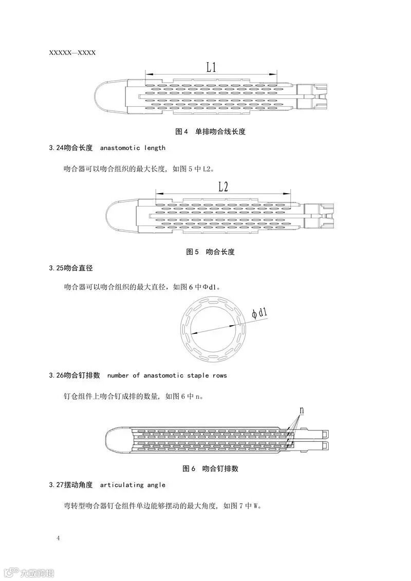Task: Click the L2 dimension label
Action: (x=223, y=186)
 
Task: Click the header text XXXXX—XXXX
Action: (x=72, y=52)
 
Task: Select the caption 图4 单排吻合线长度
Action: (x=211, y=132)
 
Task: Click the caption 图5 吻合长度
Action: (x=210, y=252)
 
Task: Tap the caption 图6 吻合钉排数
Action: (x=211, y=468)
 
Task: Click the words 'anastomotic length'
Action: (x=133, y=148)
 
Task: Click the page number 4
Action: (x=58, y=538)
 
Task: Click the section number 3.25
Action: (x=57, y=268)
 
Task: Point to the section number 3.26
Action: (x=57, y=376)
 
